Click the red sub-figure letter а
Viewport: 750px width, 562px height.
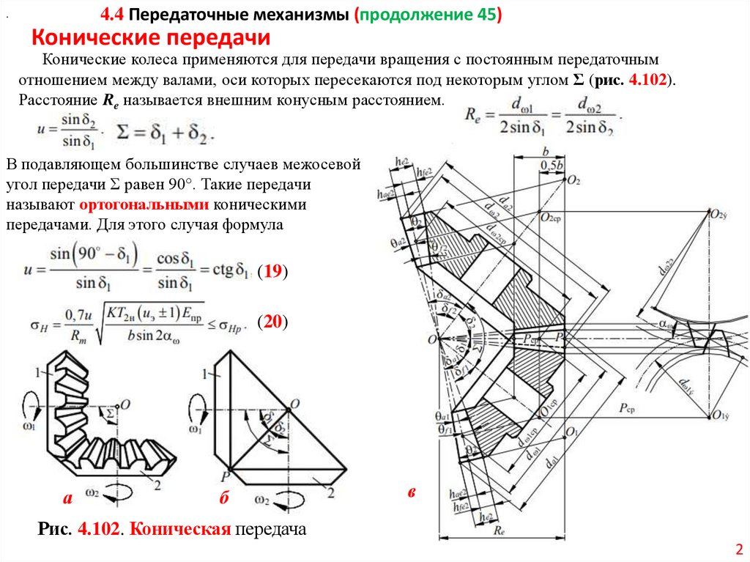coord(67,499)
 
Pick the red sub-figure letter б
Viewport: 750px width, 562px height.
coord(224,499)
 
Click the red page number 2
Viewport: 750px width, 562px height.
coord(738,549)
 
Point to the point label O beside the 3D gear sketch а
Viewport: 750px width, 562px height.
coord(125,404)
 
